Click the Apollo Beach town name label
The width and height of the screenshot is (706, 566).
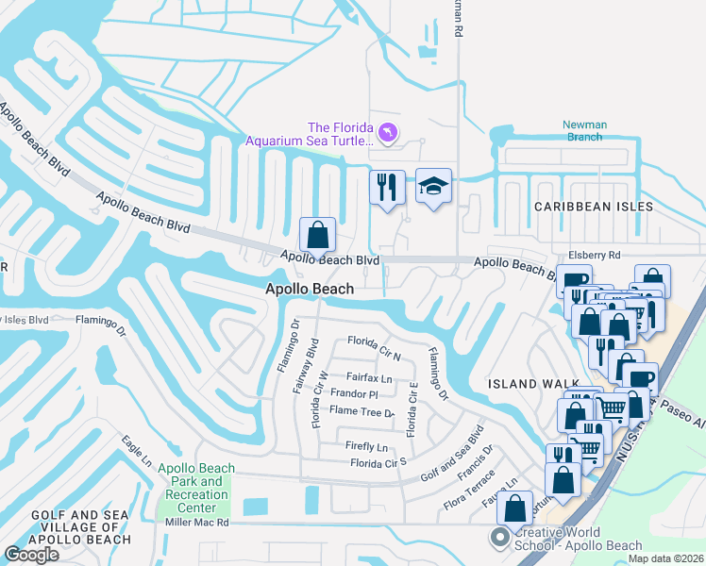pos(310,290)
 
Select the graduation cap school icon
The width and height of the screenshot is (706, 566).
pos(434,187)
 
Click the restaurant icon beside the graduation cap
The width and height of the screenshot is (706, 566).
pos(387,187)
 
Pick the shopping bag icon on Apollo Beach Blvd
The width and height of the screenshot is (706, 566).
pos(318,234)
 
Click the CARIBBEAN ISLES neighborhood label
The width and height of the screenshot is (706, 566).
pos(593,206)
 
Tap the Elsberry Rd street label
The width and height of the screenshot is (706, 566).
pos(594,255)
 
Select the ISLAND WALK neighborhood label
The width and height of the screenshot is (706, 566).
pos(526,384)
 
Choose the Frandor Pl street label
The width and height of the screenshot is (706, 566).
pos(354,393)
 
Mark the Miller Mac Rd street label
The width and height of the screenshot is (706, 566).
pos(195,522)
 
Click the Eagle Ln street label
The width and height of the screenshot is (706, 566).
pos(136,450)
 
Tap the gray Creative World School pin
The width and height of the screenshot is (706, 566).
pos(498,538)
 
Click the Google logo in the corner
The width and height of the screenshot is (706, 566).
pos(31,555)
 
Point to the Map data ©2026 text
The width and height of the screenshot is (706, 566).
pos(664,558)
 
